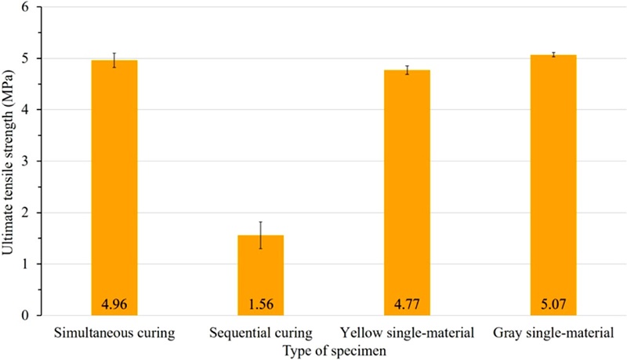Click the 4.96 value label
point(114,302)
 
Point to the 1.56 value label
point(260,302)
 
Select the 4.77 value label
point(408,302)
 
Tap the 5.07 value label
point(553,302)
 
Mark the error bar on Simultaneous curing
point(114,60)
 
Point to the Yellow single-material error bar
point(408,70)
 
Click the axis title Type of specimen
point(335,350)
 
